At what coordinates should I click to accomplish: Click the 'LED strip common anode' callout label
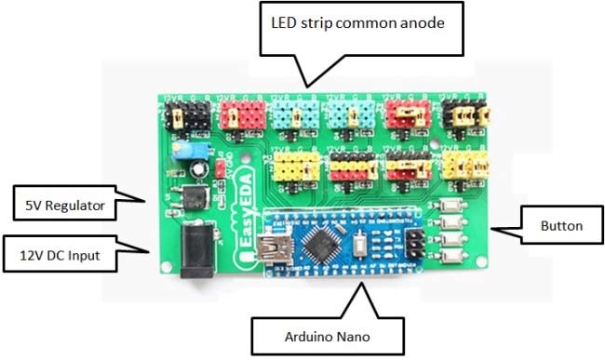(x=364, y=22)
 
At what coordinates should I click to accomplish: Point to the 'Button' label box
(x=562, y=225)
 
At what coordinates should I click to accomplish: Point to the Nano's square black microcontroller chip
(x=324, y=246)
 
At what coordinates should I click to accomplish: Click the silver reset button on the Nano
(x=362, y=247)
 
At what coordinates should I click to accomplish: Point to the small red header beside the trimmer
(x=218, y=168)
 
